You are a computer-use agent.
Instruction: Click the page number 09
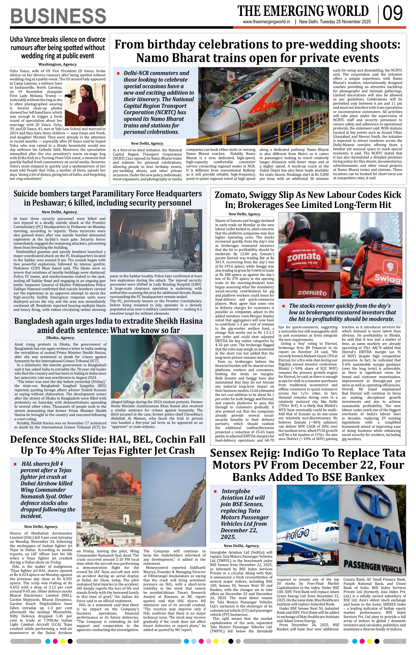pyautogui.click(x=393, y=14)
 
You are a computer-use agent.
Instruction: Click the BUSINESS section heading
pyautogui.click(x=58, y=16)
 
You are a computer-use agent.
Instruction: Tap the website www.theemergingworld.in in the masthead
pyautogui.click(x=266, y=22)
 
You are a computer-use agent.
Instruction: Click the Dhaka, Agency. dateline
pyautogui.click(x=60, y=338)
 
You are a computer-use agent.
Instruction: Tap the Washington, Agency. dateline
pyautogui.click(x=58, y=64)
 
